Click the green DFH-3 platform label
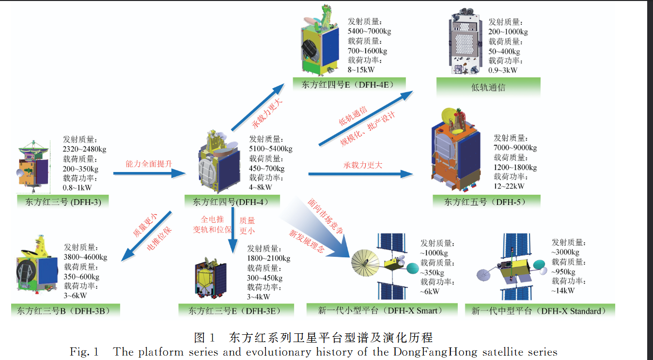63,202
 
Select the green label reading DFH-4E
349,84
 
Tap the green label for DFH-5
486,202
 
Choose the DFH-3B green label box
65,311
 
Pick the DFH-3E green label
236,311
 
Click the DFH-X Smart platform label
382,310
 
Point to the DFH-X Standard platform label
540,311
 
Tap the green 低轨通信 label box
488,87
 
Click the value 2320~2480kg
85,149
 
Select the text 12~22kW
509,186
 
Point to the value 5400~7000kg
369,31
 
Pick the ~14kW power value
563,290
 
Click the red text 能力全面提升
149,164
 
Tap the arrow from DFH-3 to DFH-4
149,173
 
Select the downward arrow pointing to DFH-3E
233,230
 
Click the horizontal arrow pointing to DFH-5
360,174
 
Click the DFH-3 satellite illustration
33,167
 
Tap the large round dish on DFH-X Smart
365,263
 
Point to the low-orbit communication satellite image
465,41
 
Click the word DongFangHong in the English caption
435,352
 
